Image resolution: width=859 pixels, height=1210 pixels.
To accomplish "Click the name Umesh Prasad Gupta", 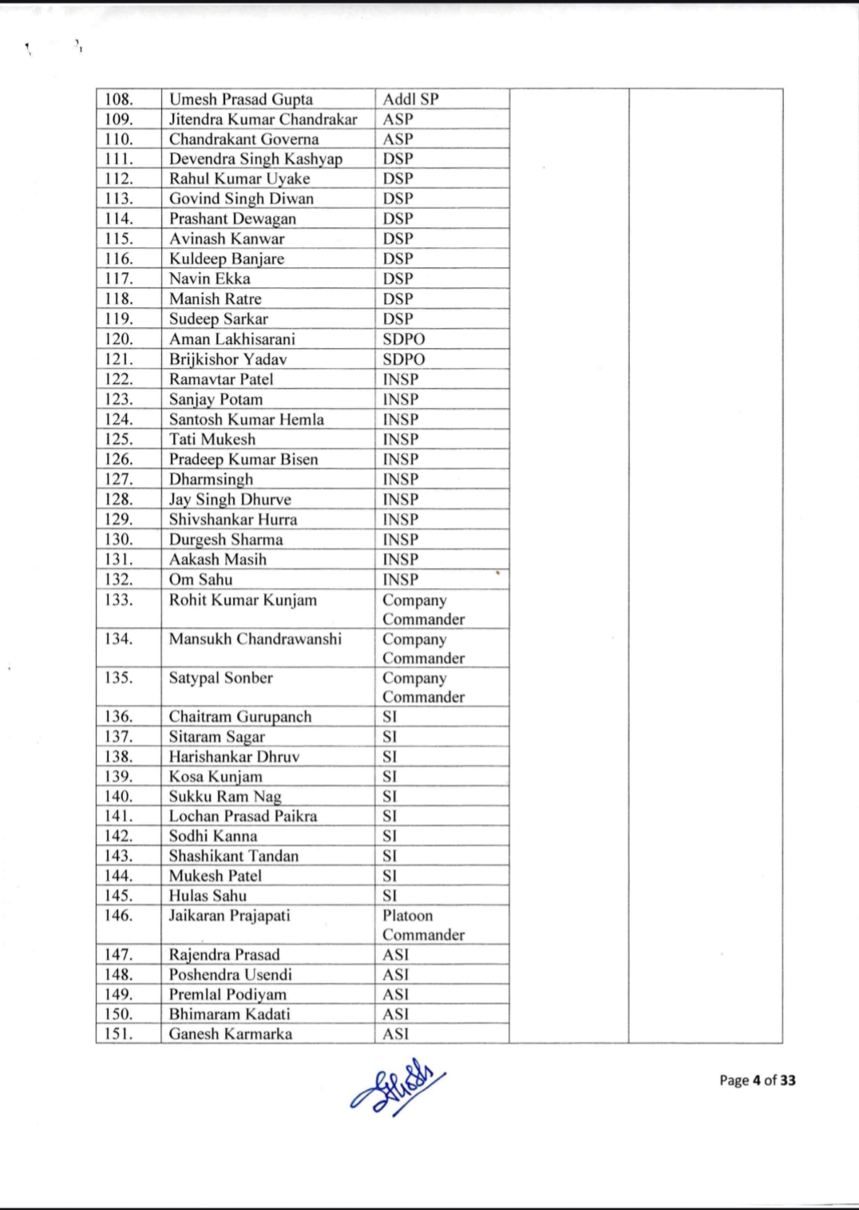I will [x=240, y=100].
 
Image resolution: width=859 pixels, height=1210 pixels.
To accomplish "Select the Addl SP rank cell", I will [x=410, y=100].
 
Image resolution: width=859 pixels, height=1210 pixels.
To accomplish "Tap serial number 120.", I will [x=119, y=339].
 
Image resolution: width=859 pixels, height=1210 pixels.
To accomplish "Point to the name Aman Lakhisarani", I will [x=232, y=339].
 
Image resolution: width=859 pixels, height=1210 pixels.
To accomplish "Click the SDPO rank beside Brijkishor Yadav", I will [x=403, y=359].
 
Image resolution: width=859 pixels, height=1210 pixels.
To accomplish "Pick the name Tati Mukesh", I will [x=212, y=439].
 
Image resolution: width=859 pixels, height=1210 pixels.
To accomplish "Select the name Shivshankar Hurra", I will [x=232, y=520].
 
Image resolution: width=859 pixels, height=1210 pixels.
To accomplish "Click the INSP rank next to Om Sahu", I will [x=400, y=579].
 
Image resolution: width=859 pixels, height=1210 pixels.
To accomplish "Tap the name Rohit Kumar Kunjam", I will [x=243, y=600].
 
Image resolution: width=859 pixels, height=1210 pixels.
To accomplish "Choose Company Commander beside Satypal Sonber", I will [x=423, y=687].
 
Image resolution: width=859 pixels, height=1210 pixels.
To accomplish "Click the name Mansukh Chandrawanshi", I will [x=255, y=639].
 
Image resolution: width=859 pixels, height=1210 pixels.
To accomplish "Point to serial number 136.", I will [x=119, y=717].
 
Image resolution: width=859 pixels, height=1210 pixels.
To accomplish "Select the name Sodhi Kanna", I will [x=212, y=836].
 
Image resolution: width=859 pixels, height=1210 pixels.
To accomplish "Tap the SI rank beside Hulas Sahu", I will [x=390, y=896].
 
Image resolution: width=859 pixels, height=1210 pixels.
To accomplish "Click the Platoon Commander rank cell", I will [x=423, y=925].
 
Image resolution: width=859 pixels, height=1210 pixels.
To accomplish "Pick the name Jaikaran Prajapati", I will [x=229, y=915].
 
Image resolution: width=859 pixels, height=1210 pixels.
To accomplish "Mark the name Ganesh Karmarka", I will [x=230, y=1034].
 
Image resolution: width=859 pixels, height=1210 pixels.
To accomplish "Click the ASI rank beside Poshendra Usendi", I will [x=395, y=975].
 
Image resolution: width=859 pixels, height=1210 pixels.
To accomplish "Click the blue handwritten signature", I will [x=397, y=1088].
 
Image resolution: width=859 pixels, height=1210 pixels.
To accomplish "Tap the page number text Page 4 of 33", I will [x=757, y=1081].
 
